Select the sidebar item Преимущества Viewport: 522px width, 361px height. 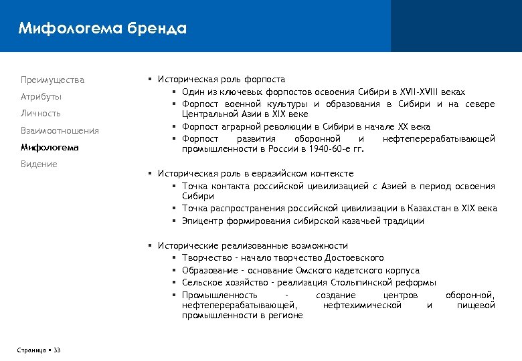[53, 80]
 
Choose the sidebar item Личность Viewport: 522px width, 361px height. [41, 114]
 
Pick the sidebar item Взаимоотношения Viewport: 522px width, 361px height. [60, 130]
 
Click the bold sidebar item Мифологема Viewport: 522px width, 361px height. [50, 147]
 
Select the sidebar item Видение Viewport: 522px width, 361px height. [39, 164]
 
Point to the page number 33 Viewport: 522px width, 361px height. [57, 350]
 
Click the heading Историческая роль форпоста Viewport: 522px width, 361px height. [221, 80]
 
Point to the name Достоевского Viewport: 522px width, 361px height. [355, 258]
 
